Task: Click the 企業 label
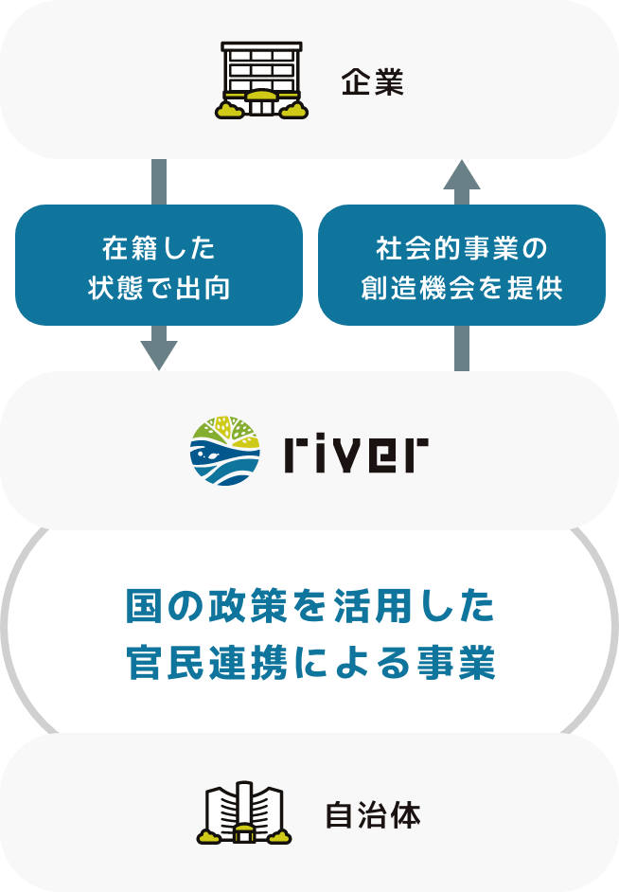pos(372,83)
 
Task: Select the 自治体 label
pos(372,815)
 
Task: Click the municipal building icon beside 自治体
pos(244,812)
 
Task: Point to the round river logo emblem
pos(225,450)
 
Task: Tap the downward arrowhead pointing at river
pos(158,355)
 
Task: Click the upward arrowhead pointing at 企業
pos(462,175)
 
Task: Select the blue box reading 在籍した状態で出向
pos(158,265)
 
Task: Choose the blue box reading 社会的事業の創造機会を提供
pos(462,265)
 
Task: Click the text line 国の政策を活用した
pos(309,608)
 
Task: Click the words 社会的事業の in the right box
pos(462,249)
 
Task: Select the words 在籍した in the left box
pos(158,249)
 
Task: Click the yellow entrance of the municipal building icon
pos(244,832)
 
